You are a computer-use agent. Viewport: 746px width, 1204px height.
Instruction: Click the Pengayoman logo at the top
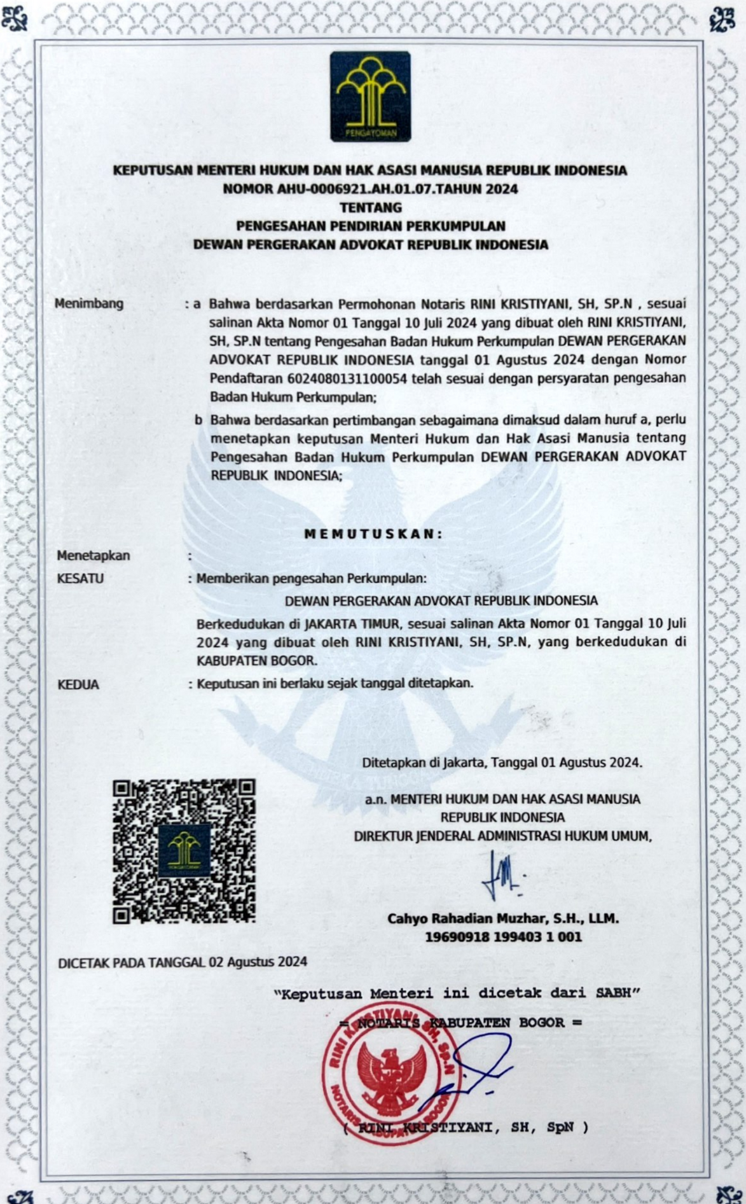coord(370,96)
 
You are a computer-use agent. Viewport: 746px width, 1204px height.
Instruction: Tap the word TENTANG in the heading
coord(371,207)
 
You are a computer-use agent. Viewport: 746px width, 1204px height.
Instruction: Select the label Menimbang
coord(89,303)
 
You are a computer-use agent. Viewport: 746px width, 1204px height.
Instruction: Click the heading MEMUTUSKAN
coord(373,534)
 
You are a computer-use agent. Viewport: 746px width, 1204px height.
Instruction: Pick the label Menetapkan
coord(93,555)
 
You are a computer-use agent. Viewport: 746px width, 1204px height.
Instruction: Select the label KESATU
coord(81,579)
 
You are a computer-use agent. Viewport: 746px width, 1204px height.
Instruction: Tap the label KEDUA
coord(79,684)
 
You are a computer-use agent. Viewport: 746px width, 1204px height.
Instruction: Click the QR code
coord(184,851)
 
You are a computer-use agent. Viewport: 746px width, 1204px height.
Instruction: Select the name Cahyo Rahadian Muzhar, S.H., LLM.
coord(503,918)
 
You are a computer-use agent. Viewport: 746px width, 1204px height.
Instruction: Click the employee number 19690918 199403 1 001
coord(503,937)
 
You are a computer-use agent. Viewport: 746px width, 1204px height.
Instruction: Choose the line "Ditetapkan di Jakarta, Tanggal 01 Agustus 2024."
coord(502,762)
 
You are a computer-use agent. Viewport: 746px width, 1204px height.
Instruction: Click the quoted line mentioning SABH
coord(457,993)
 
